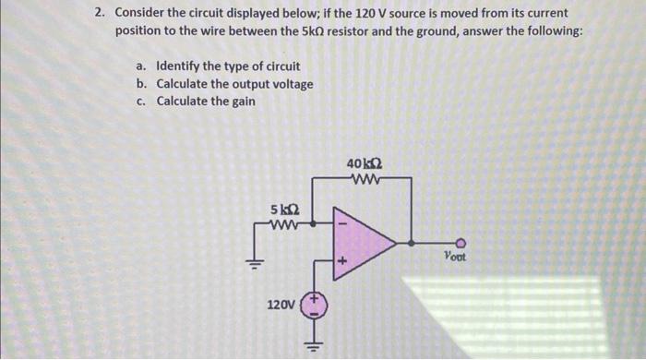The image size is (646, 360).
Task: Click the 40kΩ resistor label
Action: [x=361, y=163]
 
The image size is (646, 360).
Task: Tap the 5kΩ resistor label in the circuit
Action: [x=281, y=208]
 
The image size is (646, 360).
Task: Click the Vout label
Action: [x=455, y=257]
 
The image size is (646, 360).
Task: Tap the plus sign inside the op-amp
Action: [x=340, y=263]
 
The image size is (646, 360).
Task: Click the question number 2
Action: [x=99, y=15]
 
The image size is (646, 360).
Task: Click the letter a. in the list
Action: [x=140, y=66]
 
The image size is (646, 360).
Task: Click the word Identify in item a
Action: [x=180, y=66]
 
